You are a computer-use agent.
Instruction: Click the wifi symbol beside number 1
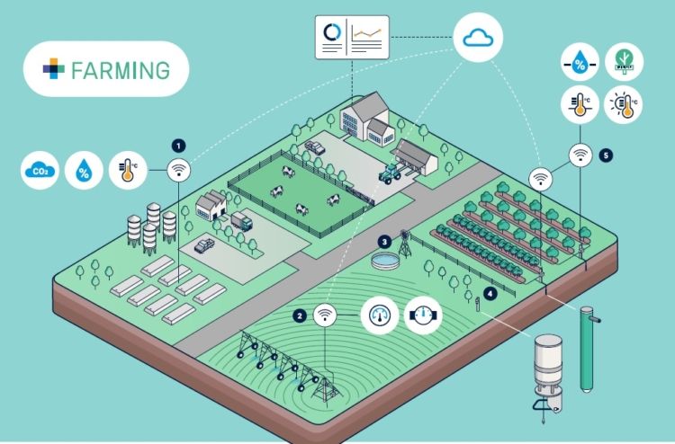(179, 168)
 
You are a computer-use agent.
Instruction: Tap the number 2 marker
(299, 315)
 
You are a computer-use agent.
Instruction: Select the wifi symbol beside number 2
(324, 315)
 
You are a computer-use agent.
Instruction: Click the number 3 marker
(383, 241)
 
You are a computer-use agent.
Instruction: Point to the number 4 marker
(490, 293)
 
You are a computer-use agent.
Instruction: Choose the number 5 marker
(606, 155)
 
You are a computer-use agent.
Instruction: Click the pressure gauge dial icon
(379, 315)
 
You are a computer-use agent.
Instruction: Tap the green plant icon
(621, 62)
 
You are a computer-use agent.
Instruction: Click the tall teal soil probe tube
(589, 351)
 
